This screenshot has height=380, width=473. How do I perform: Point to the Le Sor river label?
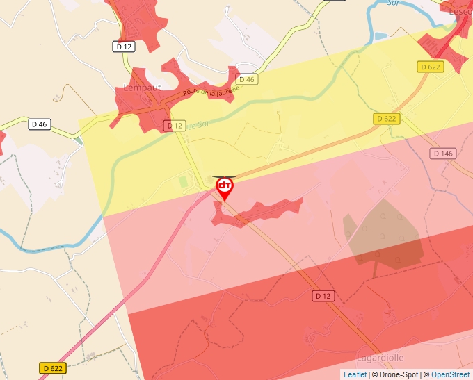(x=200, y=123)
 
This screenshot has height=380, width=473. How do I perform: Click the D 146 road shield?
(x=442, y=153)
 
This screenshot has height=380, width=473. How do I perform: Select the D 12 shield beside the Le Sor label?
(x=175, y=126)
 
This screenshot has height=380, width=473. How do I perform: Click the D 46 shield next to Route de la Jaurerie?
(x=246, y=79)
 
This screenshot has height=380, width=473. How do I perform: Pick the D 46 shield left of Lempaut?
(x=40, y=124)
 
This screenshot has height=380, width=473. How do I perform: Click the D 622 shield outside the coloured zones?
(x=53, y=368)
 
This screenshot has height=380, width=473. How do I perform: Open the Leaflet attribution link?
(x=355, y=374)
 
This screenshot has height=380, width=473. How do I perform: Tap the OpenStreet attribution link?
(x=450, y=374)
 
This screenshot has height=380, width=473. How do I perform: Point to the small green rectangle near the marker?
(x=184, y=182)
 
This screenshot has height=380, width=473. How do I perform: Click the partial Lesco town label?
(x=460, y=11)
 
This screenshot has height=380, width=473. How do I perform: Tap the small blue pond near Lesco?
(x=380, y=36)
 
